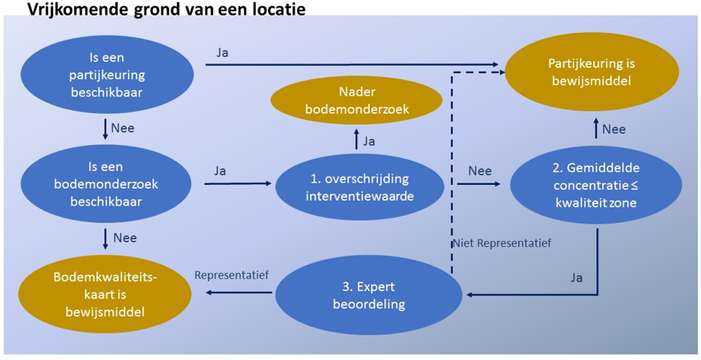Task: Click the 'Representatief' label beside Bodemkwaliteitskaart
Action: point(232,275)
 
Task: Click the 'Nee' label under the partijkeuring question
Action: point(123,128)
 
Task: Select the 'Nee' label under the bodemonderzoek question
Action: point(123,238)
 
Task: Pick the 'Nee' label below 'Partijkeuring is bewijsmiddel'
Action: point(613,129)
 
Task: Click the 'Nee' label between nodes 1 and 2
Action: point(480,171)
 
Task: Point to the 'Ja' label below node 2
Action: point(577,277)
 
